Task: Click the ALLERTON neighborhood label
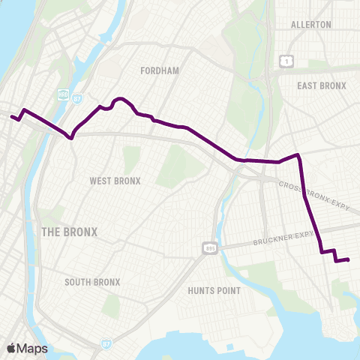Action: tap(310, 25)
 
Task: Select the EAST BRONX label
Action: tap(321, 85)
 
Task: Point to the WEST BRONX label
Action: tap(115, 181)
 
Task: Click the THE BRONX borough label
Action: tap(69, 232)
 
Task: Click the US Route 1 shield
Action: tap(285, 59)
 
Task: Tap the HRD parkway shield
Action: tap(64, 94)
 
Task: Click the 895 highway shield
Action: tap(209, 247)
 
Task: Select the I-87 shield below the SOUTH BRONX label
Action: tap(103, 343)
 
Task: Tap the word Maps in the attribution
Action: tap(32, 349)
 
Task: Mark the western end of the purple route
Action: tap(11, 116)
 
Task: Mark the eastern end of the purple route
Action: tap(349, 259)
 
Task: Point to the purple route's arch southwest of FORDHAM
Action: tap(118, 99)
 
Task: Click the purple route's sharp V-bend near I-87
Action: tap(71, 138)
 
